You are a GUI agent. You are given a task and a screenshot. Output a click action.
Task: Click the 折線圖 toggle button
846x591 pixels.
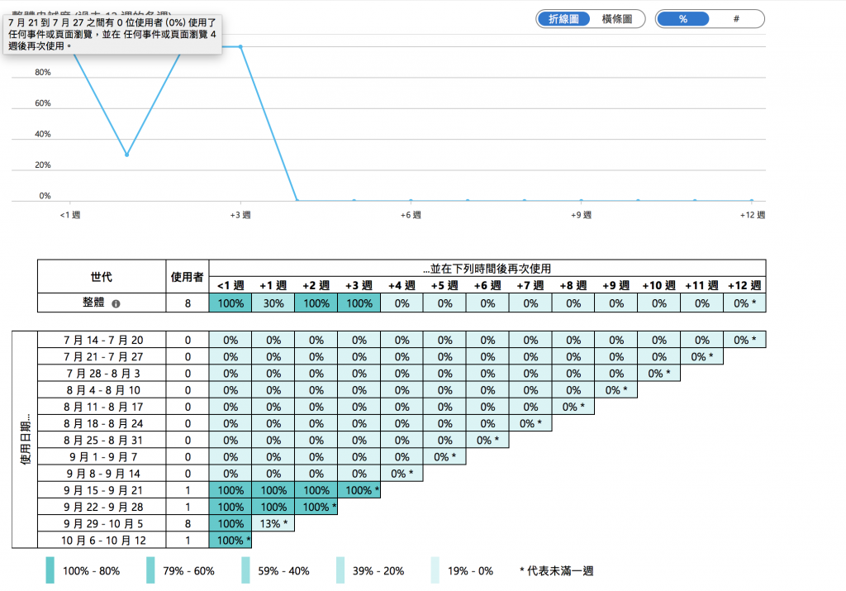[x=564, y=19]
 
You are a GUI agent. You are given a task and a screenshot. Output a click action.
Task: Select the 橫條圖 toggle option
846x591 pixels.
[x=617, y=19]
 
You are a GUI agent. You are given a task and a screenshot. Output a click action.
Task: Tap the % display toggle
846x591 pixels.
[x=683, y=19]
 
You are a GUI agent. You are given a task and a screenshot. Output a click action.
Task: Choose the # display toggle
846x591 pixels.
[x=735, y=19]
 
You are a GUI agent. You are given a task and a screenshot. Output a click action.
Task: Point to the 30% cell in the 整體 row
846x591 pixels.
[x=273, y=303]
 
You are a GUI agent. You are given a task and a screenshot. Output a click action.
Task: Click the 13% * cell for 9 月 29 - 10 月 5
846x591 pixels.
[x=273, y=523]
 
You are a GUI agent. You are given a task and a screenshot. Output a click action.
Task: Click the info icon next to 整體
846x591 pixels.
[x=116, y=304]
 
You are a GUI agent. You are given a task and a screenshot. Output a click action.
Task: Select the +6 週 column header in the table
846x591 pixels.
[x=487, y=285]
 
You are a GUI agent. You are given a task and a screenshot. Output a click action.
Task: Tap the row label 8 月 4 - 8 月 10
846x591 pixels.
[x=102, y=390]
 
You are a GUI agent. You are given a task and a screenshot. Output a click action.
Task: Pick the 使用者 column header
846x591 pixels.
[x=187, y=276]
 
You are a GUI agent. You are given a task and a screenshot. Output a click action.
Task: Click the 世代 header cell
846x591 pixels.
[x=102, y=276]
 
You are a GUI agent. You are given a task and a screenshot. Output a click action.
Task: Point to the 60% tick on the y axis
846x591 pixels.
[x=42, y=103]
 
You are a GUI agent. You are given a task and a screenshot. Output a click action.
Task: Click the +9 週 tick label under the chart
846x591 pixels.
[x=581, y=216]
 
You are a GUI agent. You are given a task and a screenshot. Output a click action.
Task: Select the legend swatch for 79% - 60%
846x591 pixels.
[x=150, y=570]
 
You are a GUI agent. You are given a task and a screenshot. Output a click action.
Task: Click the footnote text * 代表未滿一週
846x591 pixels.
[x=557, y=571]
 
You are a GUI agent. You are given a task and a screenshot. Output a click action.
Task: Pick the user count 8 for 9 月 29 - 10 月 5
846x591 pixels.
[x=188, y=523]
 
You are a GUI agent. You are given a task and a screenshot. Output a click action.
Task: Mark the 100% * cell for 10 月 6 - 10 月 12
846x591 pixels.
[x=231, y=541]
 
